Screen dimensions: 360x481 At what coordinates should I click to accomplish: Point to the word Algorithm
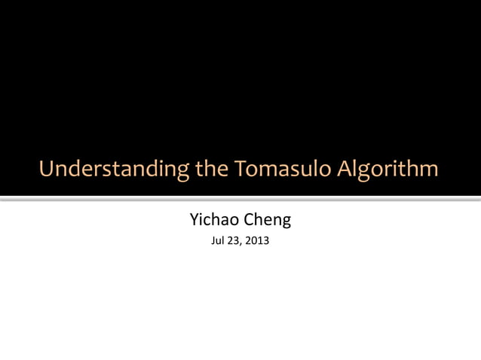pos(387,169)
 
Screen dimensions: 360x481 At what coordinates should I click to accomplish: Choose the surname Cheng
pos(265,221)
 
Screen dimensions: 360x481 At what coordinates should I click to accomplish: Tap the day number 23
pos(239,242)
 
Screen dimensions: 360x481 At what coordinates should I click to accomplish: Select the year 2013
pos(260,242)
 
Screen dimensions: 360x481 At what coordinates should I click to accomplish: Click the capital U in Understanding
pos(46,169)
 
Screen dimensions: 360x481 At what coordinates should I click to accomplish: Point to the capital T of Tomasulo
pos(240,169)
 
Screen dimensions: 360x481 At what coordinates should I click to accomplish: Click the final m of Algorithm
pos(428,170)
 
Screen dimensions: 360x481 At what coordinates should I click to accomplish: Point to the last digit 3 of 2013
pos(268,242)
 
